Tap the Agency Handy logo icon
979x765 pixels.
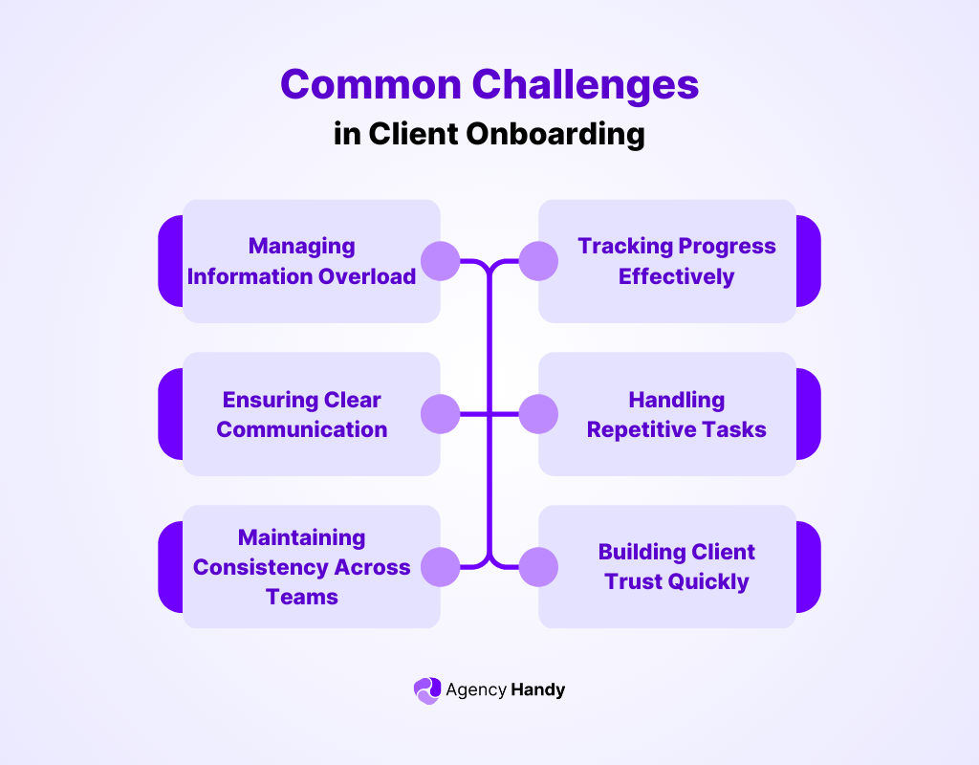point(426,690)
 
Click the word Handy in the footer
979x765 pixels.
point(538,689)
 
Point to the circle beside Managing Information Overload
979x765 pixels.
point(441,260)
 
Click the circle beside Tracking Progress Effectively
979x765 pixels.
point(538,260)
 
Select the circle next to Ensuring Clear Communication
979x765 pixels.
point(441,414)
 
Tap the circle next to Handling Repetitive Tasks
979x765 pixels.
point(538,414)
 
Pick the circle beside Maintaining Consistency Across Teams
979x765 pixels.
point(441,567)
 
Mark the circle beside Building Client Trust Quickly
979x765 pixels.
point(538,567)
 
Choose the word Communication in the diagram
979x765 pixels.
point(302,429)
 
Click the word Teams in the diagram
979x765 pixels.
point(302,597)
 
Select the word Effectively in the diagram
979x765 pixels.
point(676,276)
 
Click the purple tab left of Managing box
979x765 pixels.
point(170,261)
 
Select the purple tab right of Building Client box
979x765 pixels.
point(809,567)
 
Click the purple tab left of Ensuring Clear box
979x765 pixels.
point(170,414)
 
